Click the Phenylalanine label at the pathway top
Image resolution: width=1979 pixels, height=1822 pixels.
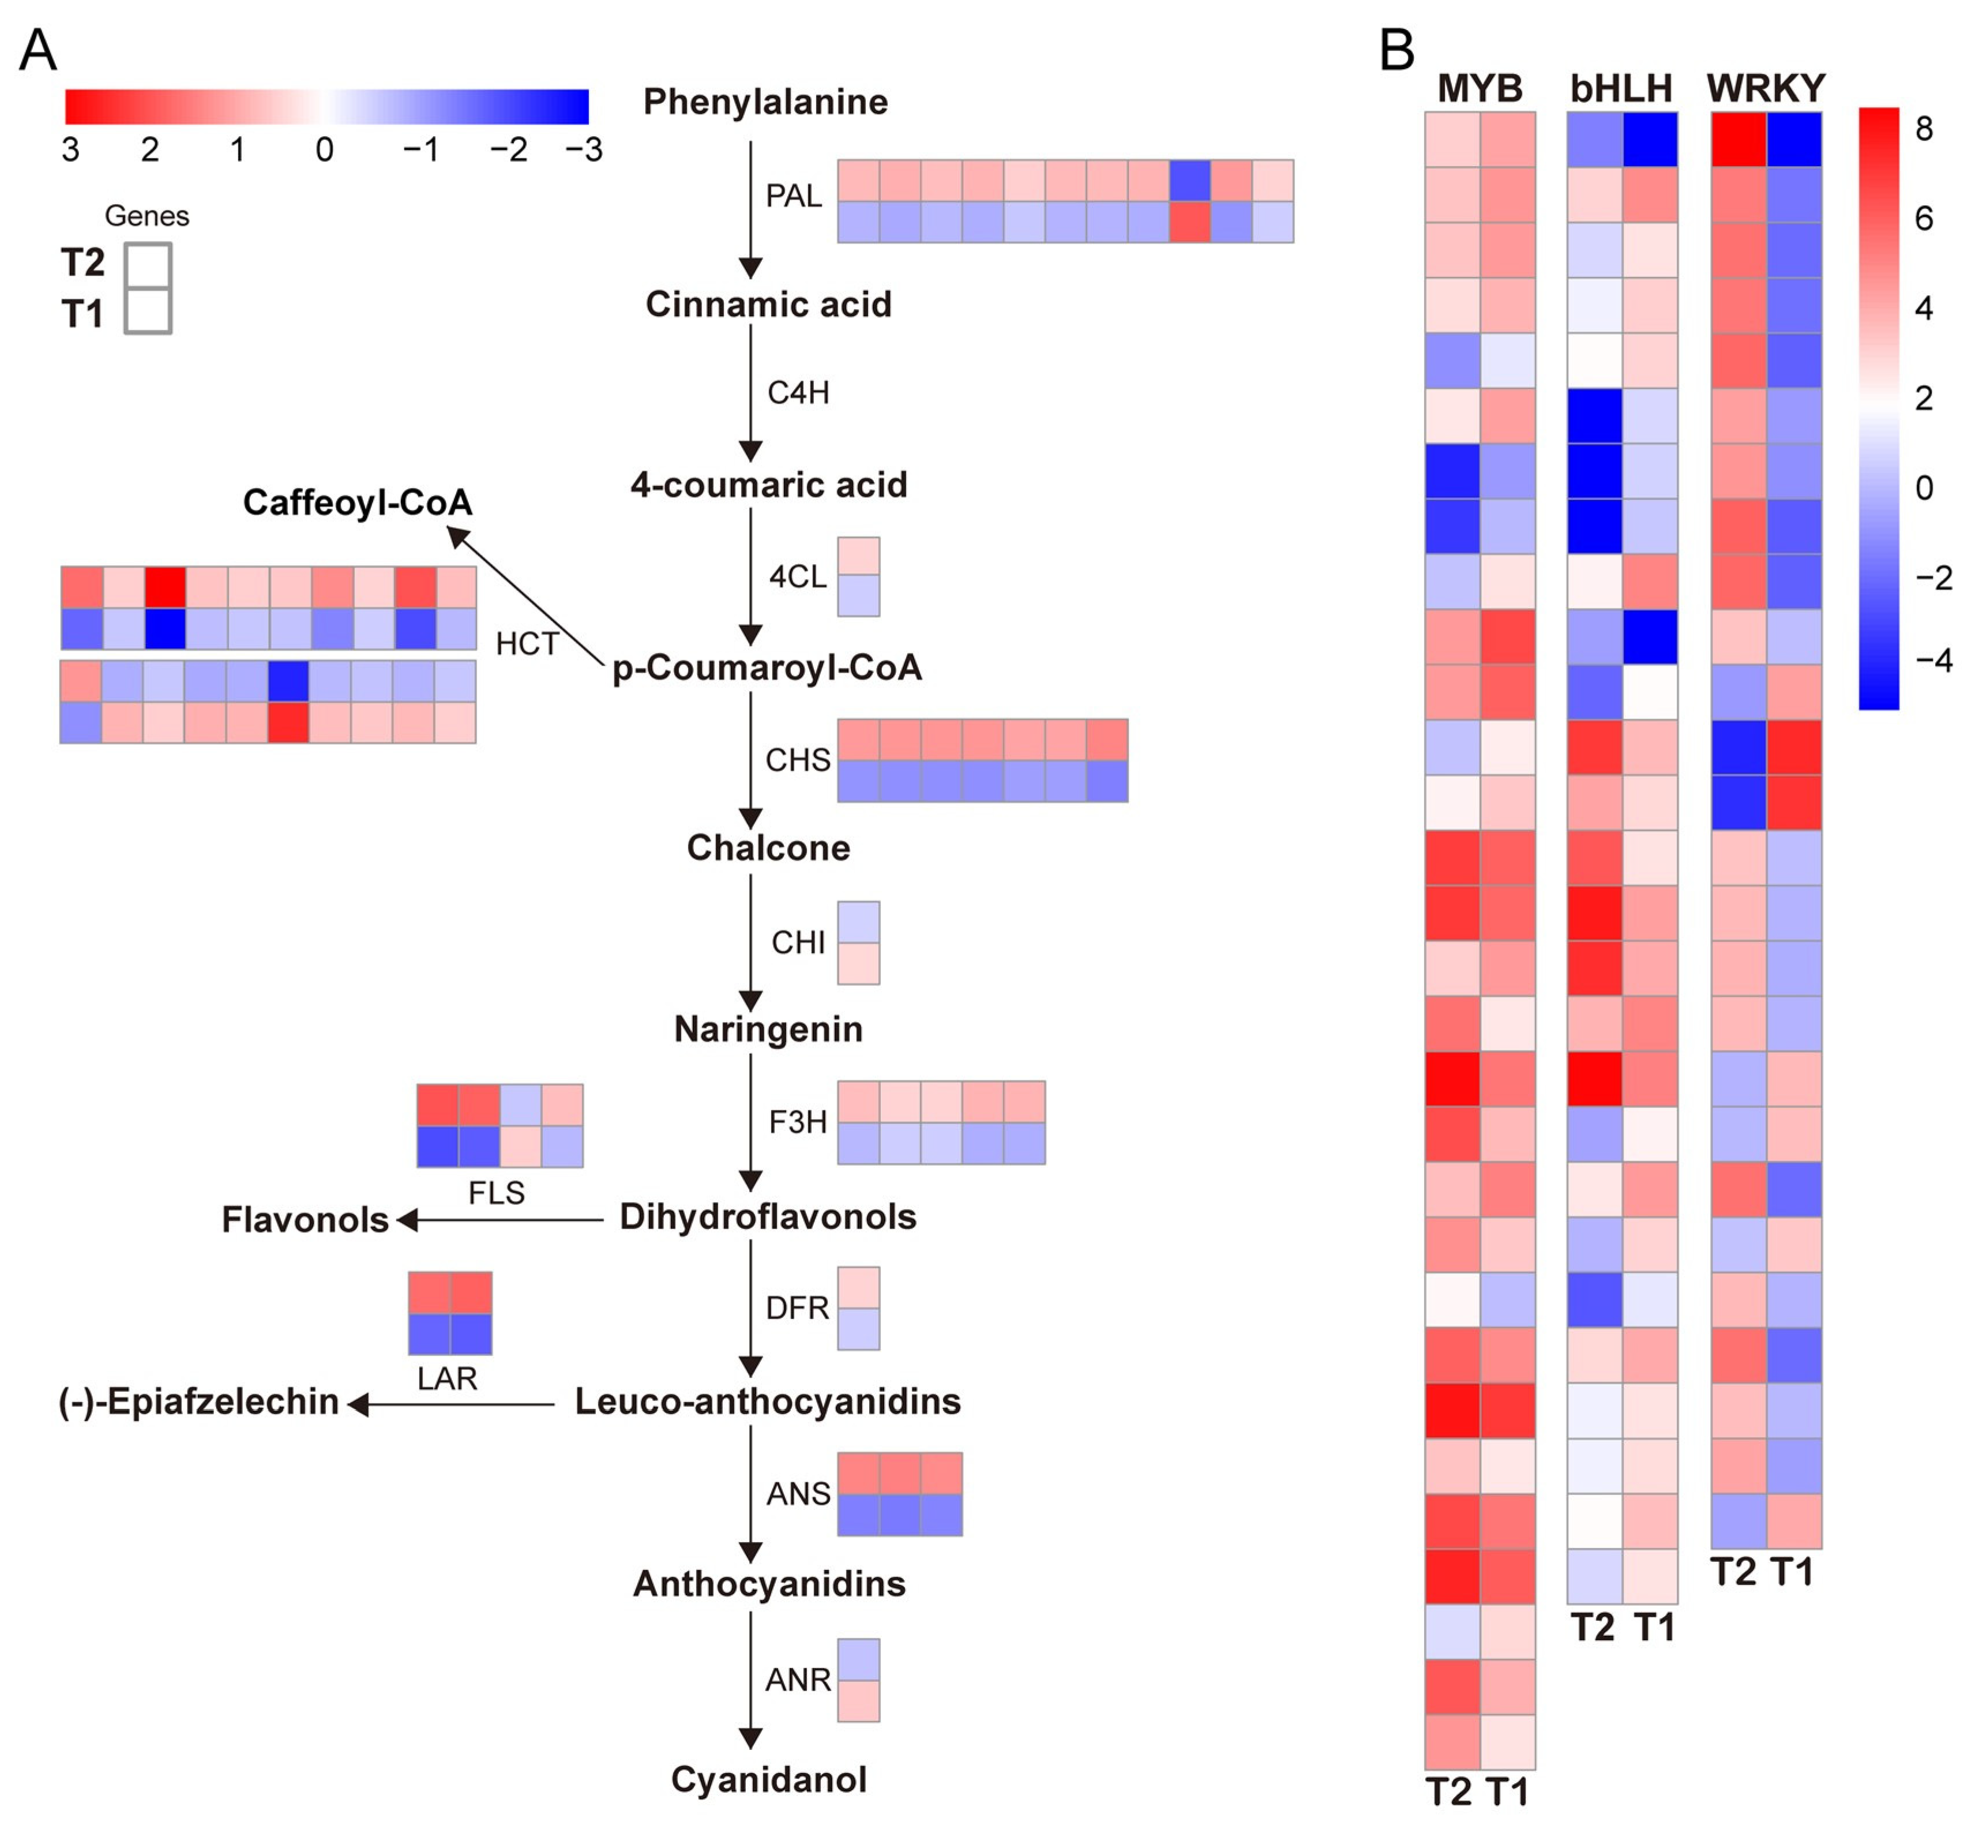tap(765, 102)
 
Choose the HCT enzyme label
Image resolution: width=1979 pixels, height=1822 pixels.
tap(527, 644)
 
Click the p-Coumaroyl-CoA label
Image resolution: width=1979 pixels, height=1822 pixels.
tap(767, 667)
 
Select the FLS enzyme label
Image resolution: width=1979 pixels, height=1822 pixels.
tap(496, 1192)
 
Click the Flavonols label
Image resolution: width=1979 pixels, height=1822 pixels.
tap(305, 1220)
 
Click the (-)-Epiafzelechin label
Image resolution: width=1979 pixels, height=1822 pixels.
tap(199, 1401)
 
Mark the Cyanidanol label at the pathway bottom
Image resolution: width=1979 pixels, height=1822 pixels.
tap(768, 1779)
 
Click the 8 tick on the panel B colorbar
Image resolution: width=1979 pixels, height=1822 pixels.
tap(1924, 128)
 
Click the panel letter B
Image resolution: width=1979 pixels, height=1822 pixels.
tap(1396, 49)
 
